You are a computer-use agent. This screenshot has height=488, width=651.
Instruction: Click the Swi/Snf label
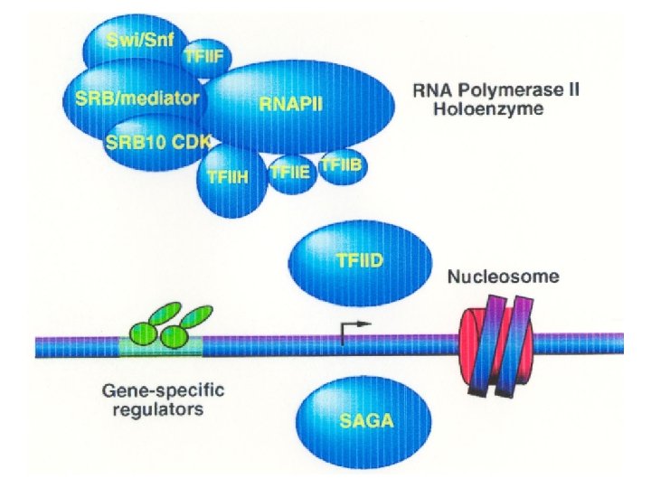tap(140, 40)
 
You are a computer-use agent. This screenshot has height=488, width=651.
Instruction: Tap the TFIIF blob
tap(207, 58)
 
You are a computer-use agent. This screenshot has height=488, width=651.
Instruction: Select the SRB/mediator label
tap(137, 98)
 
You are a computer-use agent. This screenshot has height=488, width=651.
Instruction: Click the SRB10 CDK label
tap(158, 142)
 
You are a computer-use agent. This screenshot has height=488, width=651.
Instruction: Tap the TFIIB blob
tap(342, 166)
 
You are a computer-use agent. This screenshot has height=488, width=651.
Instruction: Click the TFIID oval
tap(360, 263)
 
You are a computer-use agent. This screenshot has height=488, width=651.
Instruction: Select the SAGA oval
tap(364, 422)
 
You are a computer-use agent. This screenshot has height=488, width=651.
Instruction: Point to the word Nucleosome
tap(504, 277)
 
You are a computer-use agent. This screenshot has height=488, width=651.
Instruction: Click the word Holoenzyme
tap(488, 109)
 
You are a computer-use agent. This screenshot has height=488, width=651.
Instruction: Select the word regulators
tap(158, 409)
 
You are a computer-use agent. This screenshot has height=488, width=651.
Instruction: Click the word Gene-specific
tap(163, 391)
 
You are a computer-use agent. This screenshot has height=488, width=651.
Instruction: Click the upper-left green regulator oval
tap(165, 314)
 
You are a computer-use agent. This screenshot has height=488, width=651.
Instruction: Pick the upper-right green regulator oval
tap(197, 316)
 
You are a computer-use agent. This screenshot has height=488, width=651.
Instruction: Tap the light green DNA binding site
tap(161, 347)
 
